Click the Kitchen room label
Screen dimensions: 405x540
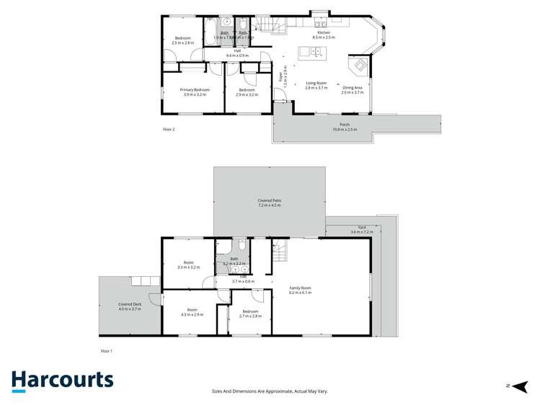click(x=323, y=33)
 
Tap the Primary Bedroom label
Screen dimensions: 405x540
click(x=193, y=89)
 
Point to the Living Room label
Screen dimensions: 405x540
click(x=316, y=83)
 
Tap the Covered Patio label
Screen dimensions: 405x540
click(x=269, y=200)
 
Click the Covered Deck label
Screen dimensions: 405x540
click(x=129, y=304)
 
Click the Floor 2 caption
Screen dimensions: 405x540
click(x=169, y=129)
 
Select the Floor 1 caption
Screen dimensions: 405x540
click(x=107, y=350)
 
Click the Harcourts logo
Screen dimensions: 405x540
click(x=62, y=380)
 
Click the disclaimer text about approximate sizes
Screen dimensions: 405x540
click(x=270, y=391)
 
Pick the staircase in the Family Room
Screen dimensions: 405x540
click(x=280, y=252)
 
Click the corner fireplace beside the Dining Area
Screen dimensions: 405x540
click(x=358, y=67)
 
